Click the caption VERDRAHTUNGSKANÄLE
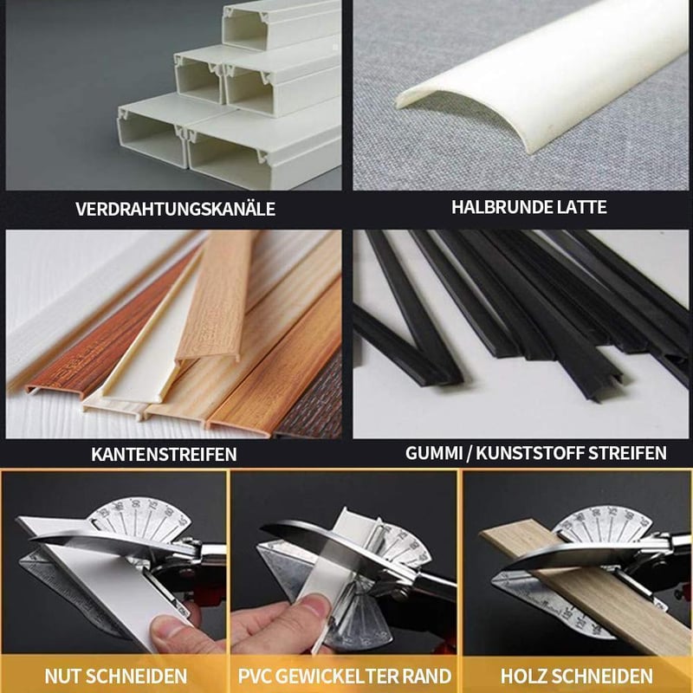click(x=175, y=209)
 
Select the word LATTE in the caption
click(x=580, y=207)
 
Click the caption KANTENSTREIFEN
click(x=164, y=454)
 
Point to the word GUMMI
click(x=434, y=453)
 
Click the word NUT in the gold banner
click(x=62, y=677)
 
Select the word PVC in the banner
click(x=254, y=677)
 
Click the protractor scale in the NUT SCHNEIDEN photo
click(x=140, y=519)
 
